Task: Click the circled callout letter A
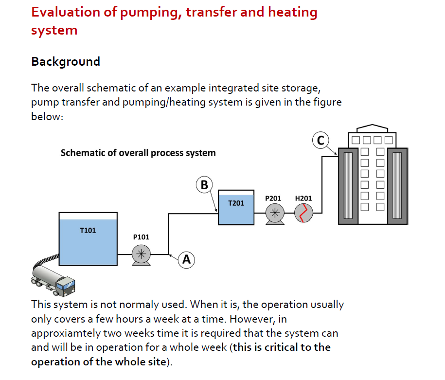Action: (186, 260)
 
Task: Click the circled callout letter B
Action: (204, 185)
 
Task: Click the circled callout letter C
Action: (320, 141)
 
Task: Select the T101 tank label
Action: (88, 230)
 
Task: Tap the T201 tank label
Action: (236, 202)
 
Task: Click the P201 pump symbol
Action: (275, 213)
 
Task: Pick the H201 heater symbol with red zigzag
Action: (303, 213)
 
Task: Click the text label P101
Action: (141, 237)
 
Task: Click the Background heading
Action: (66, 62)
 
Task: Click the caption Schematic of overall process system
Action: (138, 153)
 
